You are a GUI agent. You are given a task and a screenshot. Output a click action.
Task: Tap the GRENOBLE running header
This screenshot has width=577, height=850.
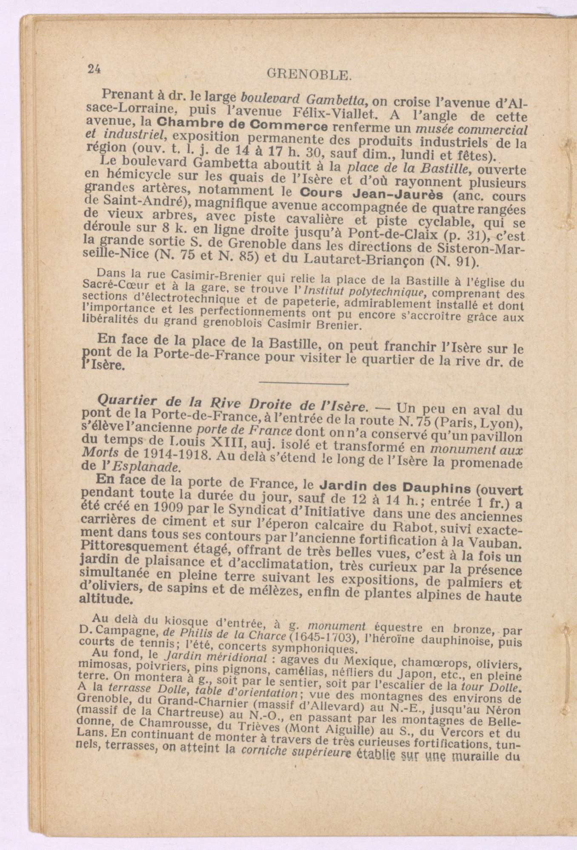[309, 75]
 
